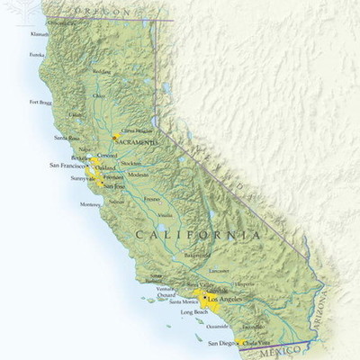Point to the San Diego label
point(220,343)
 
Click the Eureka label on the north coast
point(36,54)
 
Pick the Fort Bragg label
point(40,102)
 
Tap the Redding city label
point(102,72)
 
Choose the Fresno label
point(151,198)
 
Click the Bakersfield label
point(197,255)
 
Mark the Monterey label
point(90,204)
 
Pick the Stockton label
point(130,164)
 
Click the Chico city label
point(99,95)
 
